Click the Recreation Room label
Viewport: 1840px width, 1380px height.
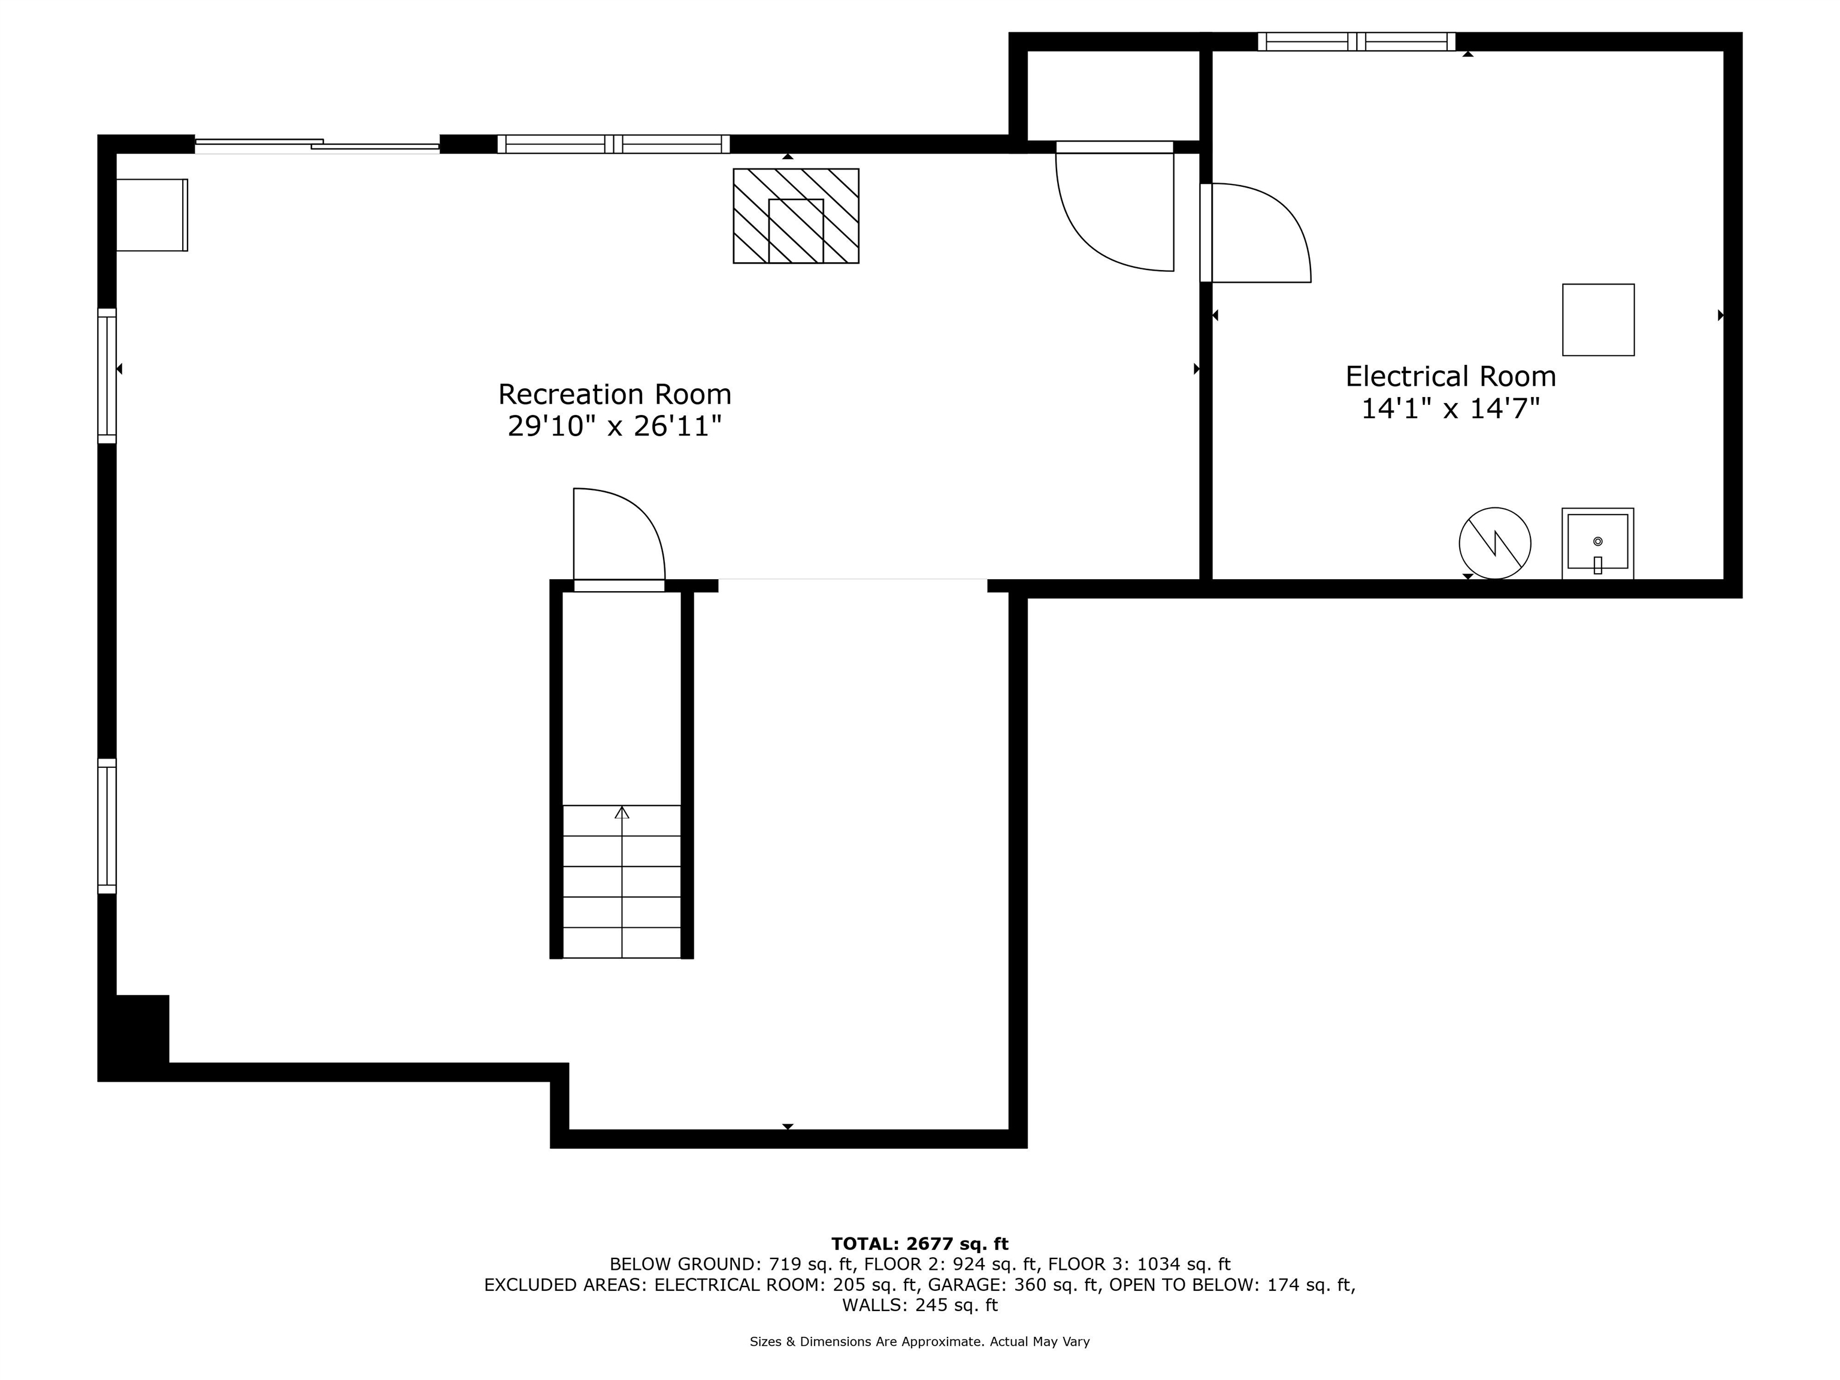click(615, 394)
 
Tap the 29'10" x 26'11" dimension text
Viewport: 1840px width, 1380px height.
click(615, 426)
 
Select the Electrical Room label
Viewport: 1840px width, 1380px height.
click(1451, 376)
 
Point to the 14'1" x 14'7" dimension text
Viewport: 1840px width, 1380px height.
click(1451, 408)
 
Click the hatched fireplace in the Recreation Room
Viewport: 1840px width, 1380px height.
click(796, 216)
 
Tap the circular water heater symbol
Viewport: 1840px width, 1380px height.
click(1495, 543)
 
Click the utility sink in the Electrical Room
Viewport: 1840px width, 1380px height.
click(1597, 543)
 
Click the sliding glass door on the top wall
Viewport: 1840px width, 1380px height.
click(317, 146)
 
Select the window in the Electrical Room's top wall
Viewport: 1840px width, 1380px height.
click(1357, 41)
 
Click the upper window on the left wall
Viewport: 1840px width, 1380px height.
click(107, 375)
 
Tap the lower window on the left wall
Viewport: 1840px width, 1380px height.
click(107, 825)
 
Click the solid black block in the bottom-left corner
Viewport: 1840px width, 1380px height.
click(135, 1036)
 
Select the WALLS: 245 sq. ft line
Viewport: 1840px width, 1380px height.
click(920, 1305)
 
